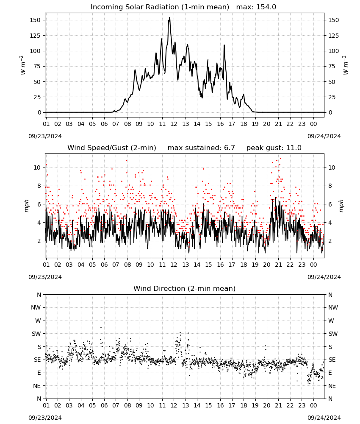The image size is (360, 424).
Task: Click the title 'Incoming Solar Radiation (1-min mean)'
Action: (x=160, y=7)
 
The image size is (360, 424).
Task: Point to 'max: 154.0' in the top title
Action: (x=256, y=7)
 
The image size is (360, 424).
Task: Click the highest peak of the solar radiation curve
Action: (x=169, y=17)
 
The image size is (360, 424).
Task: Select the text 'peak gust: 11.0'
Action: (x=274, y=148)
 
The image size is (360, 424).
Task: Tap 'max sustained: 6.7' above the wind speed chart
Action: (x=201, y=148)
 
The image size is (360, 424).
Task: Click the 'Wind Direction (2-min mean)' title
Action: (x=185, y=288)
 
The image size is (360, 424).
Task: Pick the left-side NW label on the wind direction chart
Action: (x=36, y=308)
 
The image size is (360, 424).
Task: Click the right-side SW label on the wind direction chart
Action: (x=333, y=334)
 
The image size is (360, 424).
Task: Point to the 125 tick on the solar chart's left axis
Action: (x=36, y=36)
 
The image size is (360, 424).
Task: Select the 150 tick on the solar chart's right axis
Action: (x=334, y=20)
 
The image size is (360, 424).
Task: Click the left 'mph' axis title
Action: (x=26, y=206)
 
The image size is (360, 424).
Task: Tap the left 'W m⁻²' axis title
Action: (x=23, y=65)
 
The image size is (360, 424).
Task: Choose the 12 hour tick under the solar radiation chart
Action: (x=174, y=124)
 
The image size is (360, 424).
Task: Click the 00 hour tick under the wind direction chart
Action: (x=313, y=405)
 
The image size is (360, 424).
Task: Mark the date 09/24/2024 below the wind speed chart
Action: (x=324, y=277)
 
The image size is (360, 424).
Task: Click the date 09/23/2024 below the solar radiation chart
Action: (x=45, y=136)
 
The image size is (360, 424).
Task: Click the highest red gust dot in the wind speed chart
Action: (x=281, y=159)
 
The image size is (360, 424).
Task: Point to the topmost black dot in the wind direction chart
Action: (x=101, y=327)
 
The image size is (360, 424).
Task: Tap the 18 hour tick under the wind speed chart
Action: (x=244, y=265)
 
